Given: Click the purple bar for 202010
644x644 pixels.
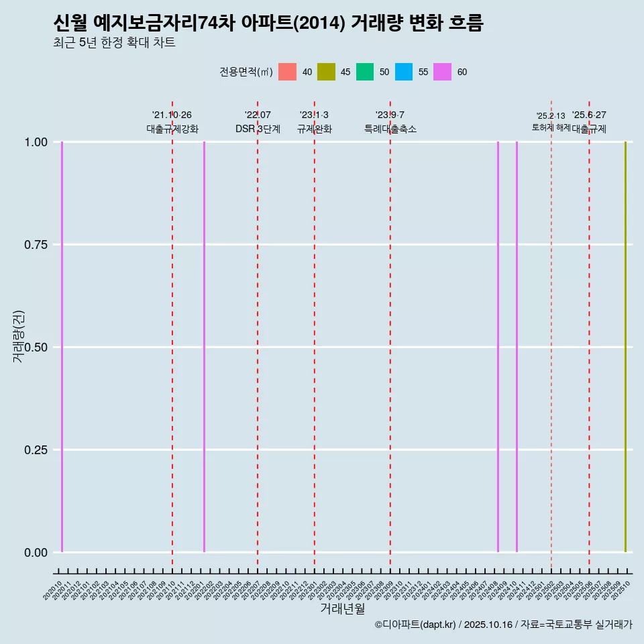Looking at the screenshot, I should (x=62, y=347).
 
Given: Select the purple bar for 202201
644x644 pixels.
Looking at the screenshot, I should (x=204, y=347).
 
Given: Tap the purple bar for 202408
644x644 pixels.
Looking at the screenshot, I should (x=498, y=347).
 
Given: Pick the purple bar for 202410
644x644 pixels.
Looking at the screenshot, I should (x=517, y=347).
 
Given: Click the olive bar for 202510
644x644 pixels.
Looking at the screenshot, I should (x=625, y=347).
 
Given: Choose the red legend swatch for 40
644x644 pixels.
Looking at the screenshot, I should (x=287, y=72).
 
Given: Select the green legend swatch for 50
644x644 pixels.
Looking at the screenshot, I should (x=365, y=72).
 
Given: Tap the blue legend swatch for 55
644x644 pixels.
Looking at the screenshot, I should (x=404, y=72).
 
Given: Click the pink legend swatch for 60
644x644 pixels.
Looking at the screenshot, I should (x=442, y=72).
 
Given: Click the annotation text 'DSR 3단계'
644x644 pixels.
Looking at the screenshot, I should (x=258, y=129).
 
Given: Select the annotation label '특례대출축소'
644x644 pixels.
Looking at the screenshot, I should (x=390, y=129).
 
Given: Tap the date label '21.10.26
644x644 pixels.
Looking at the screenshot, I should (x=172, y=115).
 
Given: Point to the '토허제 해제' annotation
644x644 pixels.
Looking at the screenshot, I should (x=551, y=127).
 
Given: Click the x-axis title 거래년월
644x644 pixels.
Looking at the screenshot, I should (x=342, y=608).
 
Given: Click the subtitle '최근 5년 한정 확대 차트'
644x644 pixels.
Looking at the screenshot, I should (x=114, y=43).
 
